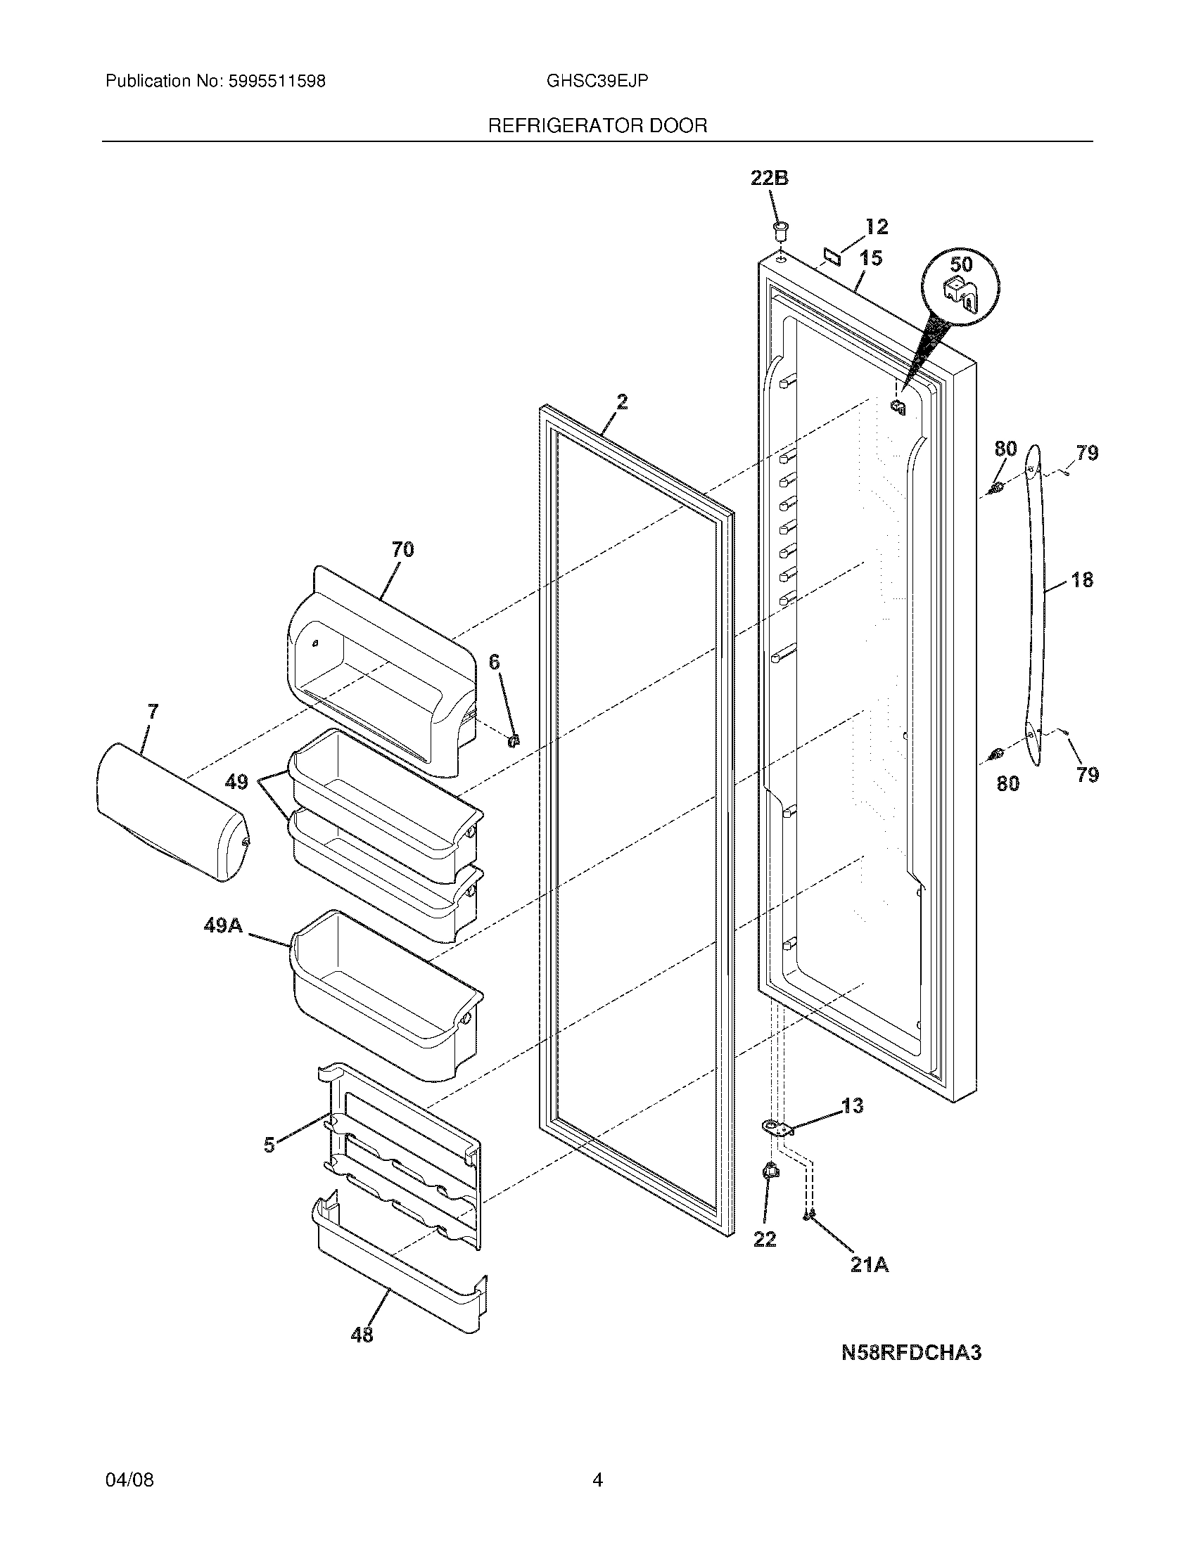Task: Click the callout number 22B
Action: (770, 179)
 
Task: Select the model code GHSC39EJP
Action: (597, 82)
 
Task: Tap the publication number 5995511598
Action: (276, 82)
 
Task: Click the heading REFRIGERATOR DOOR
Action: (597, 126)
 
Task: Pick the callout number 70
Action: (402, 549)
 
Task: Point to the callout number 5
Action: (269, 1145)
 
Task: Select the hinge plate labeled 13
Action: (777, 1129)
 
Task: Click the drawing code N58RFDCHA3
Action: (911, 1353)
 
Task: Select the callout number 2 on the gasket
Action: (621, 402)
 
